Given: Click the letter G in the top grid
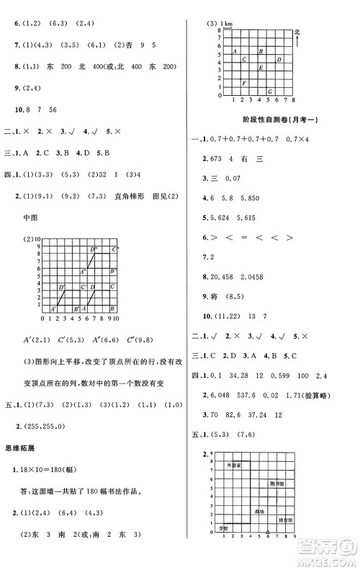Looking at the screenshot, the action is [269, 91].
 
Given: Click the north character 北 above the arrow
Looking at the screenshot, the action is [297, 32].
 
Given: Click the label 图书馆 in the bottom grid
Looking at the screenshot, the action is [276, 484].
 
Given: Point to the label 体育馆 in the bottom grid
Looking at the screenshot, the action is [285, 518].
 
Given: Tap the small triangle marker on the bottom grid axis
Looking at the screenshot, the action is [268, 534].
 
